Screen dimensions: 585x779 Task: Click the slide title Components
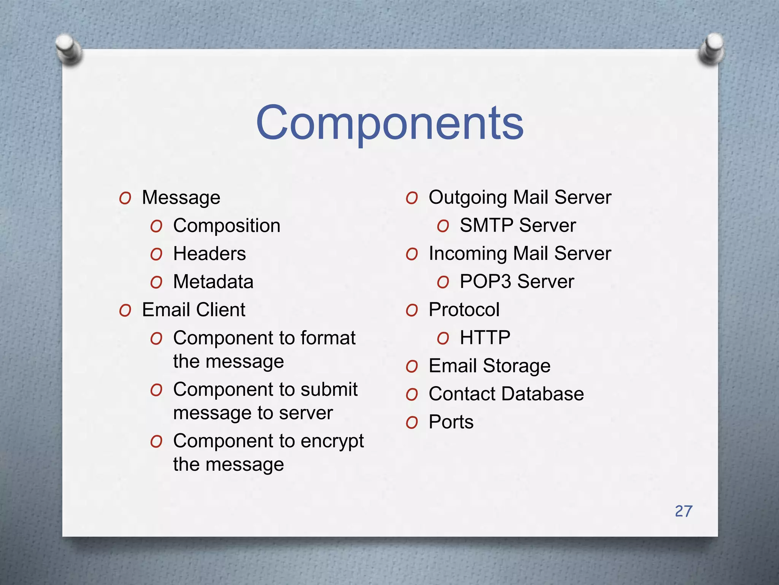coord(390,123)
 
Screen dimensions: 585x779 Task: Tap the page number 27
coord(684,511)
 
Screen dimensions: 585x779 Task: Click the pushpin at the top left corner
coord(68,48)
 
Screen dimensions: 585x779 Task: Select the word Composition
coord(227,226)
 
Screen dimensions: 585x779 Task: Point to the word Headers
coord(209,254)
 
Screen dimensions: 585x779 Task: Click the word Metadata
coord(213,282)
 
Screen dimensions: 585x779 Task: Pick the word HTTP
coord(485,337)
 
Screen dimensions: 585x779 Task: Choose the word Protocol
coord(464,310)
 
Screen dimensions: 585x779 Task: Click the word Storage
coord(517,366)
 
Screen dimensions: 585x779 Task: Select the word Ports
coord(451,422)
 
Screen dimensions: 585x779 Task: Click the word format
coord(328,338)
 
